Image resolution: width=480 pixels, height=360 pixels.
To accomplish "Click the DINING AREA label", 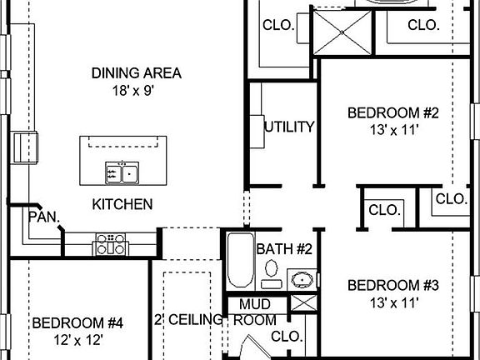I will tap(136, 73).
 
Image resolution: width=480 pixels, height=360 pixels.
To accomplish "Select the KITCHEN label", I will tap(122, 204).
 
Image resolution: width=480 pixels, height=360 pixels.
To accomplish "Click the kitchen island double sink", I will tap(122, 173).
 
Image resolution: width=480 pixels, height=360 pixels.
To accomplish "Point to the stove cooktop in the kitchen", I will tap(110, 243).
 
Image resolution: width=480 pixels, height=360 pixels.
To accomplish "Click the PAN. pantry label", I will tap(43, 216).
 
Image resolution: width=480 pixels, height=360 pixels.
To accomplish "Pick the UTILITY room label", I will tap(289, 127).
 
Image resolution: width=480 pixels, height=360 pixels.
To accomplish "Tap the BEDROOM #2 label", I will tap(382, 112).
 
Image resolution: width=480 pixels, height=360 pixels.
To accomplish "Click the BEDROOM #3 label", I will tap(382, 286).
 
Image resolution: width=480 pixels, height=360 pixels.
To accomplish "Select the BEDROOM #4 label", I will tap(77, 323).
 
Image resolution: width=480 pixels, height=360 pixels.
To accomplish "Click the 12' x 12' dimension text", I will tap(77, 340).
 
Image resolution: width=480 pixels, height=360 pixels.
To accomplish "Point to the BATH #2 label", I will tap(283, 249).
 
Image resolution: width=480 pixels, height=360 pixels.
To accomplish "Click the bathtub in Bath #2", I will tap(239, 261).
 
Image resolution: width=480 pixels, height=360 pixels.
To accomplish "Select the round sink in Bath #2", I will tap(302, 277).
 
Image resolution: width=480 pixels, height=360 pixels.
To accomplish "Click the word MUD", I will tap(254, 305).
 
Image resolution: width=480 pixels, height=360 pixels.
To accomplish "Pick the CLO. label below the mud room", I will tap(287, 337).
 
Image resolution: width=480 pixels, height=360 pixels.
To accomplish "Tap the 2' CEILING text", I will tap(189, 320).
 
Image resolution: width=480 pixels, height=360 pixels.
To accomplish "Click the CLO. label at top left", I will tap(278, 26).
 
